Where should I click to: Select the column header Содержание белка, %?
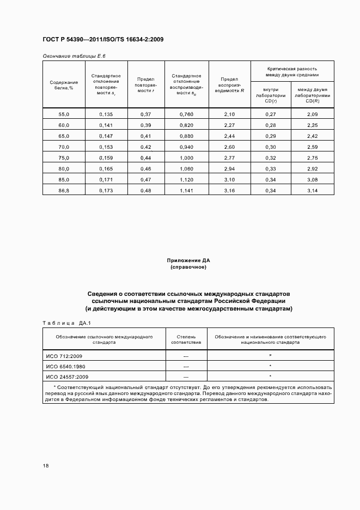(64, 84)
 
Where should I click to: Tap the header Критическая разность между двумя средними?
(292, 72)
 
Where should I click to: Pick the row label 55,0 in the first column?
(64, 114)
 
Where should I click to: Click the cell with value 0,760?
(186, 114)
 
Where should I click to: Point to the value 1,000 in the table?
(186, 157)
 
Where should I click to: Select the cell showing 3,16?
(229, 190)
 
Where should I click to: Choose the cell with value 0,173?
(106, 190)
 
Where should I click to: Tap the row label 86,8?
(64, 190)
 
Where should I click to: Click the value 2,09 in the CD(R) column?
(313, 114)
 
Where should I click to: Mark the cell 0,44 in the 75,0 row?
(146, 157)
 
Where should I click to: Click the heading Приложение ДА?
(188, 262)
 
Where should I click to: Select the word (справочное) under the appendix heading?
(188, 268)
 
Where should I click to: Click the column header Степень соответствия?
(186, 340)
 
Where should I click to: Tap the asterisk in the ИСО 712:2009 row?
(270, 355)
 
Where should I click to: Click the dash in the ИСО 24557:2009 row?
(186, 377)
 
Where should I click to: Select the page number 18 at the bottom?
(45, 466)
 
